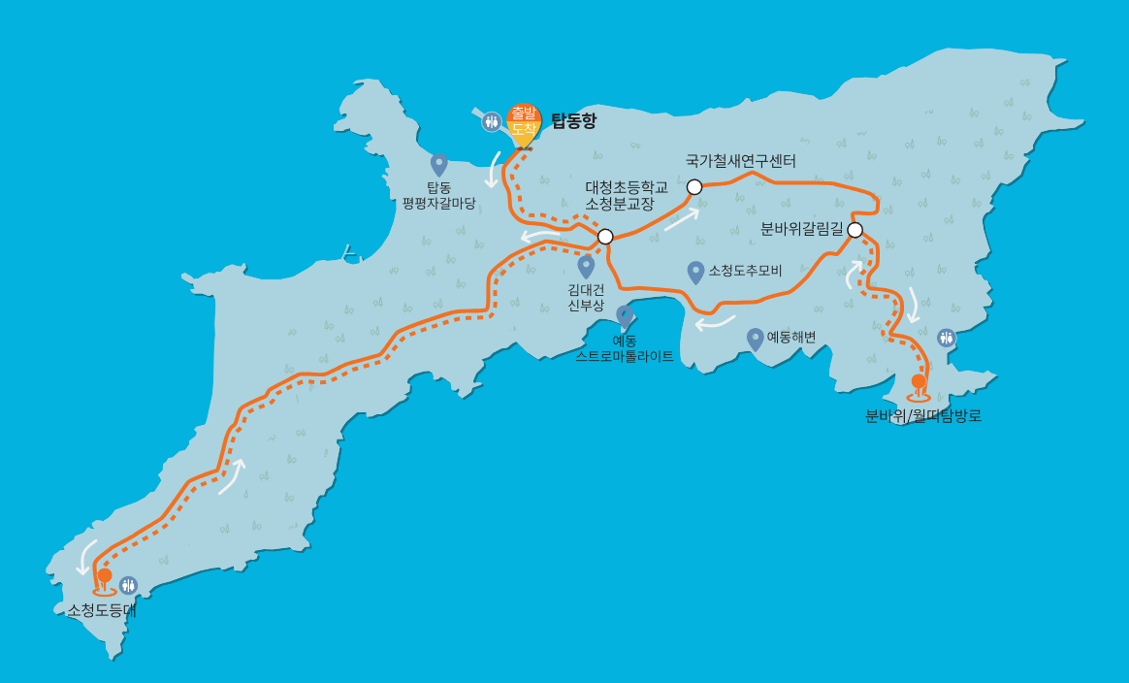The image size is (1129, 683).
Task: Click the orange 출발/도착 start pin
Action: click(x=524, y=122)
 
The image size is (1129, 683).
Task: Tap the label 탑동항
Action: click(x=574, y=121)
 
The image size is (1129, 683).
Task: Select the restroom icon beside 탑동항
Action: click(x=492, y=121)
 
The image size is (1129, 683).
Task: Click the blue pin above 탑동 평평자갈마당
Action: click(x=438, y=163)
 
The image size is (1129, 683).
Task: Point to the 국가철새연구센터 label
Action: click(x=740, y=160)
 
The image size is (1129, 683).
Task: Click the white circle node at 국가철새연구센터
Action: click(x=694, y=186)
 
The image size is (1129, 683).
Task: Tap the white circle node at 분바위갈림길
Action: click(x=855, y=230)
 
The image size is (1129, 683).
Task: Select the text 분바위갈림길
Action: click(x=802, y=229)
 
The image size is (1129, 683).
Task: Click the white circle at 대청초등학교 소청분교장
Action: click(x=605, y=236)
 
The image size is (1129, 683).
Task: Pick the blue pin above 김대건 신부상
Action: click(x=586, y=265)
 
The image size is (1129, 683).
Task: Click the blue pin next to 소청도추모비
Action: click(x=695, y=272)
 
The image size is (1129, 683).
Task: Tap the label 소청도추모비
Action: click(x=745, y=271)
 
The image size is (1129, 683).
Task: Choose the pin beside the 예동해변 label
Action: click(x=756, y=339)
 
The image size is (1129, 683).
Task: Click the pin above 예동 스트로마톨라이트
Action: click(x=625, y=316)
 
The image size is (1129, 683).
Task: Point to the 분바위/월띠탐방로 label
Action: click(x=923, y=416)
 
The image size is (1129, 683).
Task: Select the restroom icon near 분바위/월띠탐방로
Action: click(x=947, y=338)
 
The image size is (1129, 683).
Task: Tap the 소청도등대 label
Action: click(x=102, y=610)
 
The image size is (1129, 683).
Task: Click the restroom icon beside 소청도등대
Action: click(x=128, y=585)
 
